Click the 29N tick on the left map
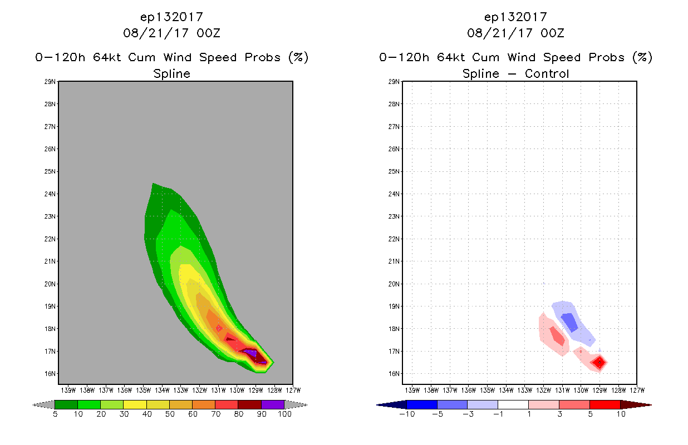51,82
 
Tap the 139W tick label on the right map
412,389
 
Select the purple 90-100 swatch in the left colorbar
273,404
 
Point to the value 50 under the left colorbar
170,414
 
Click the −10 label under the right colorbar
406,414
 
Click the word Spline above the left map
171,74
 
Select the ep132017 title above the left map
171,17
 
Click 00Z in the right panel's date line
552,33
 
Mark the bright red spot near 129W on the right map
599,362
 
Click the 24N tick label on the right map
395,194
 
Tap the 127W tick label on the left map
293,389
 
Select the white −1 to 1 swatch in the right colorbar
513,404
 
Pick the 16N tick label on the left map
51,374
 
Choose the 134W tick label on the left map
162,389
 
